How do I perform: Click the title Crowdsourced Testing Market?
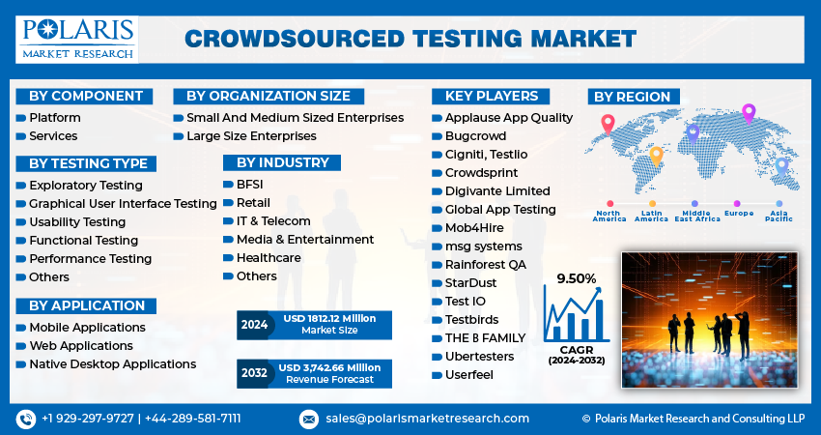(x=410, y=39)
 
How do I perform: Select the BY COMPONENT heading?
(x=85, y=96)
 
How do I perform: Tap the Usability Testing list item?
(x=77, y=221)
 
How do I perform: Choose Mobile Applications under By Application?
(x=87, y=327)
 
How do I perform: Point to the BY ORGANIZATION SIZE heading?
(x=268, y=96)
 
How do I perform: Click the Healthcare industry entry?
(x=269, y=257)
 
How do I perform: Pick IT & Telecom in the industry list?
(x=273, y=220)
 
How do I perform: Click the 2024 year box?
(x=255, y=325)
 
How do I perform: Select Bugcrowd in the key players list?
(x=475, y=135)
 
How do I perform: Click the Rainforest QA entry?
(x=485, y=264)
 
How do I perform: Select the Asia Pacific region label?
(x=780, y=216)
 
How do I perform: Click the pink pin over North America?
(x=608, y=124)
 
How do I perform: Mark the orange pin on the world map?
(x=656, y=156)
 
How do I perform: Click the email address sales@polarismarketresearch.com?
(x=426, y=418)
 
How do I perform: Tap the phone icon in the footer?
(x=26, y=419)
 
